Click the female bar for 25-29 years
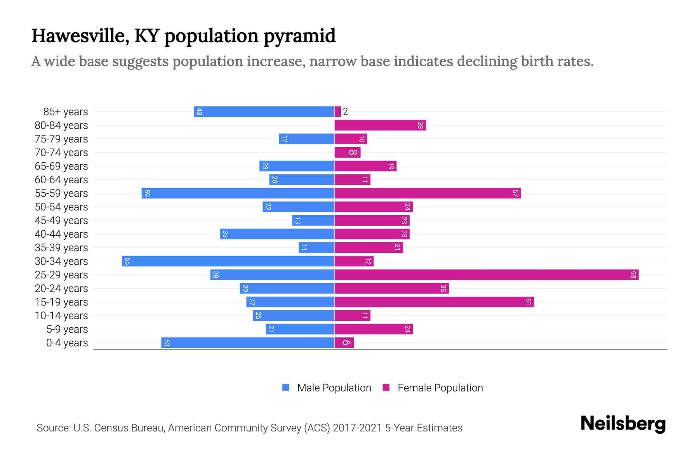(486, 275)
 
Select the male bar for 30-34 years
(228, 261)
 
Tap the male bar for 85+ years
(264, 112)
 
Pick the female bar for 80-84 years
(380, 125)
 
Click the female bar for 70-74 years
(347, 153)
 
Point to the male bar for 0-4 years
(248, 343)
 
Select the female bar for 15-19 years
(434, 302)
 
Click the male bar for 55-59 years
(238, 193)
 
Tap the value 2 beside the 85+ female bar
(345, 112)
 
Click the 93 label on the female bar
(633, 275)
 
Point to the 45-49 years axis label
(61, 221)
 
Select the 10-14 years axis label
(61, 316)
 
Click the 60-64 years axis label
(61, 180)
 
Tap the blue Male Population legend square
(286, 388)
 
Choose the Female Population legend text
(440, 388)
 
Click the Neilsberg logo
(623, 424)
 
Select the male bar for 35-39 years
(316, 248)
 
